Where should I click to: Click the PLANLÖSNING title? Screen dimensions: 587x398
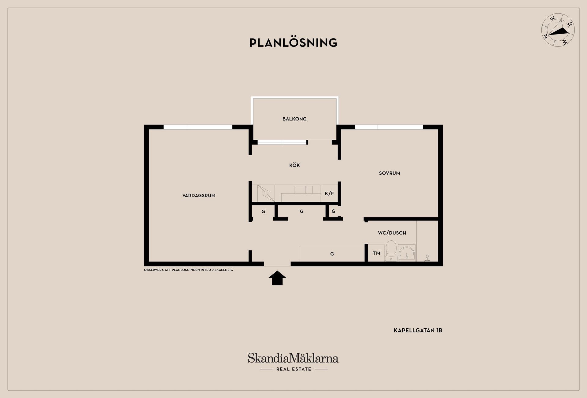click(x=293, y=42)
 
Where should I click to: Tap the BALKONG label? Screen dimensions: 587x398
click(x=294, y=119)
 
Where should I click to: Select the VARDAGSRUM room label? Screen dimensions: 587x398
click(x=199, y=196)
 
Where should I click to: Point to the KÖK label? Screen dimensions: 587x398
click(x=294, y=165)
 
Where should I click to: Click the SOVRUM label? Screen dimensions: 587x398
click(x=389, y=173)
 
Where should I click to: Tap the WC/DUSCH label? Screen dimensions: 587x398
click(x=392, y=233)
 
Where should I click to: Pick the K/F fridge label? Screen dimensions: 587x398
click(x=329, y=193)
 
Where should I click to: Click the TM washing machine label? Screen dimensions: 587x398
click(x=376, y=253)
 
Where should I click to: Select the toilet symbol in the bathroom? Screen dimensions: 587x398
click(x=391, y=251)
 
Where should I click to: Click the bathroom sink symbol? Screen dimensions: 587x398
click(x=407, y=253)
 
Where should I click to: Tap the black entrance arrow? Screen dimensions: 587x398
click(x=277, y=278)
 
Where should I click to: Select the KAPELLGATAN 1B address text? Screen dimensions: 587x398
click(x=418, y=330)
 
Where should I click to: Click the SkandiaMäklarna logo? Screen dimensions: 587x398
click(x=293, y=358)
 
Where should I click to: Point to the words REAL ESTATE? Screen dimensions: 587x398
click(x=293, y=369)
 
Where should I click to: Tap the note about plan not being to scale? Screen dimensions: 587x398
click(x=188, y=270)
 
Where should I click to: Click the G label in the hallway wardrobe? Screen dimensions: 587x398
click(x=332, y=254)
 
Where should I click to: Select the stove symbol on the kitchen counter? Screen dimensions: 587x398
click(x=266, y=193)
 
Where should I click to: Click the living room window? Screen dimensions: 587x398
click(x=198, y=127)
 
